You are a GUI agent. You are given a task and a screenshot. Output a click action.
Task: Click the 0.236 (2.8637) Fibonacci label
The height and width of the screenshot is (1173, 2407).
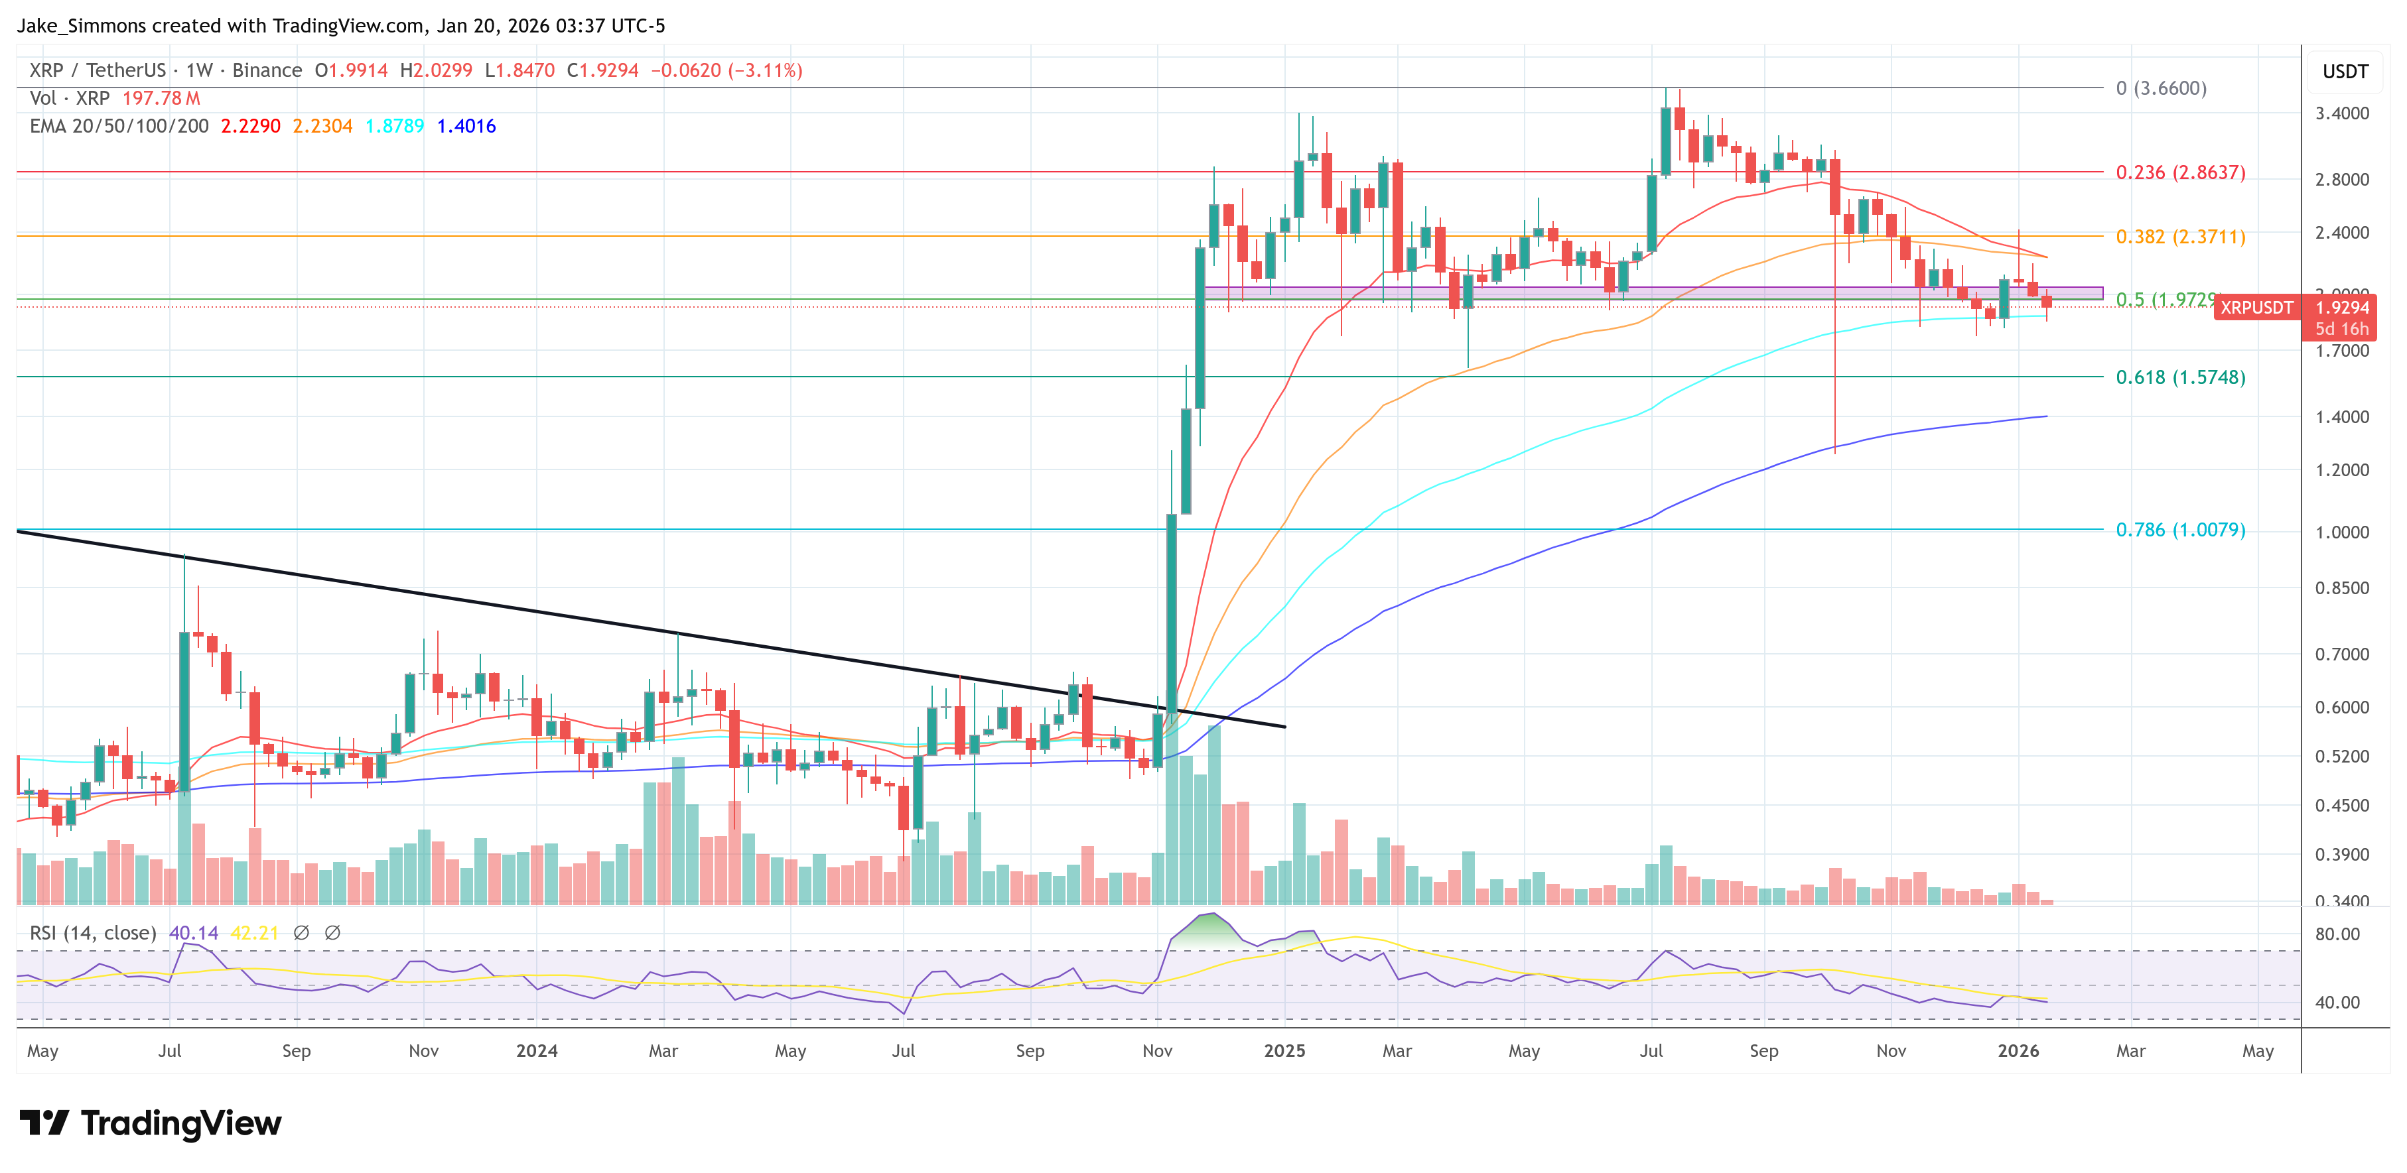2180,173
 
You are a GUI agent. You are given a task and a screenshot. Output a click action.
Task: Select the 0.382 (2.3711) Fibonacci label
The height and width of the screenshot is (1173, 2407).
2180,237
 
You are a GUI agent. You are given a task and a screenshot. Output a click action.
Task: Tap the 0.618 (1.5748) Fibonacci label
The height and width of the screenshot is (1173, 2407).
2180,377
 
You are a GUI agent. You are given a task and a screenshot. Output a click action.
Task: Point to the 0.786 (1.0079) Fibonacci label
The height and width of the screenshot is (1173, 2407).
2180,530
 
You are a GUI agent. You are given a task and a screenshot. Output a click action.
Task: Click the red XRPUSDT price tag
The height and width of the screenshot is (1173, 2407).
2256,307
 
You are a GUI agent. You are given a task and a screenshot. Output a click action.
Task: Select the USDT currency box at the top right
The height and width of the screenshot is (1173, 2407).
2345,72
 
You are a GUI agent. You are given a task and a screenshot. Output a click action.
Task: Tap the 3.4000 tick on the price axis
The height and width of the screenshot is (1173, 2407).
2341,113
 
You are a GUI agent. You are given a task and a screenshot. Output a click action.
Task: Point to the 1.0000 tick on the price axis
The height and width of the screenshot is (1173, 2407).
2341,532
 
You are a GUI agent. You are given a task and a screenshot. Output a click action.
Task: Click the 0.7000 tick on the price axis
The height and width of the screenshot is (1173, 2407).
2341,654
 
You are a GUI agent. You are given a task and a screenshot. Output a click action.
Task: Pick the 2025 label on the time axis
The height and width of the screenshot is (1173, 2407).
1284,1050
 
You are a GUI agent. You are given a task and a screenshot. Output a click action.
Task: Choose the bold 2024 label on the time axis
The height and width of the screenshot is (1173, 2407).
536,1050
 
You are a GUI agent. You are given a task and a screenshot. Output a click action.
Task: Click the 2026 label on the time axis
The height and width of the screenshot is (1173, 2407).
2018,1050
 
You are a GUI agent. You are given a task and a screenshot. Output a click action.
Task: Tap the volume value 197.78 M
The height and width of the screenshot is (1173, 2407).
161,98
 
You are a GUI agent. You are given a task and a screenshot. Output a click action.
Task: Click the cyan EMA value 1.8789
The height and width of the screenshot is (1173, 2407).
394,126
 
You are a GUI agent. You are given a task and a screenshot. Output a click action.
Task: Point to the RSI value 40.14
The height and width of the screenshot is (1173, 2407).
194,933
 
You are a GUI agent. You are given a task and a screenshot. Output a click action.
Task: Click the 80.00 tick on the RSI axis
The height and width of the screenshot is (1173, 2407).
2337,934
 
